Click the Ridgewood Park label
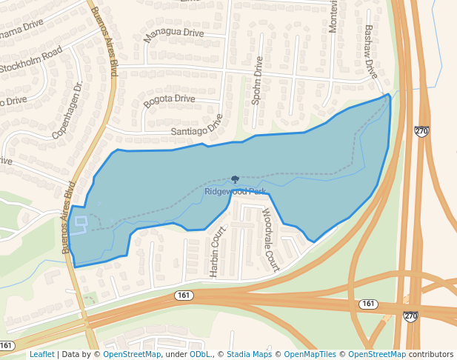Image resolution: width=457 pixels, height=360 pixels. tap(235, 192)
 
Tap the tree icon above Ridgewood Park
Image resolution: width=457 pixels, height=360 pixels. tap(235, 179)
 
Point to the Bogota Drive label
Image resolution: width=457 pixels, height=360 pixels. tap(170, 101)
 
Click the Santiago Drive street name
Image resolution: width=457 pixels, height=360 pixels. tap(196, 127)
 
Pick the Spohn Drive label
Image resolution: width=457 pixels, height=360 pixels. tap(257, 81)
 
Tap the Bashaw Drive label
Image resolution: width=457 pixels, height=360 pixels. tap(370, 52)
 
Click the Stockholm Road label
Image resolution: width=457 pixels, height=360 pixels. tap(31, 60)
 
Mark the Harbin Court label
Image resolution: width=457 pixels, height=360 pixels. tap(217, 252)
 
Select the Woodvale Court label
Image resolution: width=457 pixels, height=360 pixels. tap(270, 239)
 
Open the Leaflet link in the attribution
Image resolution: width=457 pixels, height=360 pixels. tap(41, 354)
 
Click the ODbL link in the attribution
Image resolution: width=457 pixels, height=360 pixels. tap(199, 354)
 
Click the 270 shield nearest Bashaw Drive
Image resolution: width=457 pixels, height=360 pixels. tap(421, 131)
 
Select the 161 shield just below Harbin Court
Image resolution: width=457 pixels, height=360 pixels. tap(184, 296)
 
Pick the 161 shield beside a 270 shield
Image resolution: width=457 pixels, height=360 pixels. tap(369, 304)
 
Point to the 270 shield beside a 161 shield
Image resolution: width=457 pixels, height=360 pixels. tap(410, 316)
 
